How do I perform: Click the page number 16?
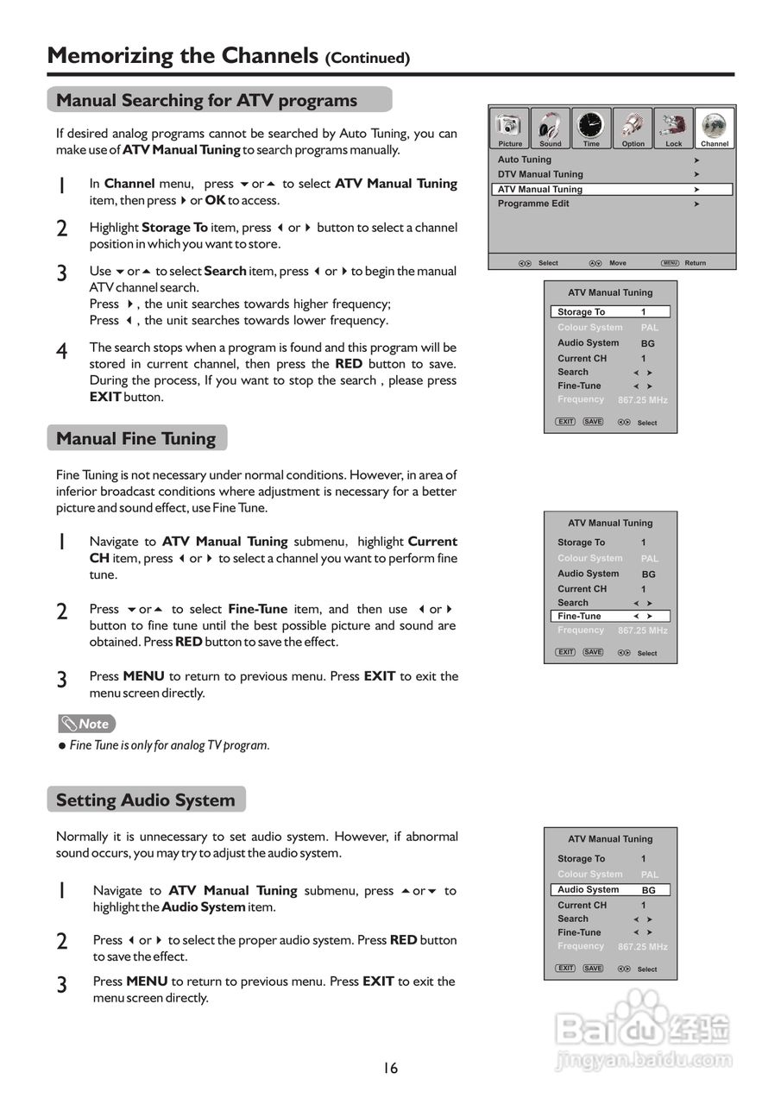click(391, 1068)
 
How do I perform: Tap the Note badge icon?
click(86, 724)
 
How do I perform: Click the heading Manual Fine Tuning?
click(136, 438)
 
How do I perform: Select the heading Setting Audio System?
click(146, 800)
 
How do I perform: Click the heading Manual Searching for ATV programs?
click(207, 100)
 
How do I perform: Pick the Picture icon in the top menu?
click(510, 128)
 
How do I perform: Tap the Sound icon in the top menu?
click(551, 128)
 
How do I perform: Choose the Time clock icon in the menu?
click(591, 128)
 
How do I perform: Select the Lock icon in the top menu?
click(673, 128)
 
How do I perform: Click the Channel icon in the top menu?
click(715, 128)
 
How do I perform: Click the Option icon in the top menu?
click(633, 128)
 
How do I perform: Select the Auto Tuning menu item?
click(525, 160)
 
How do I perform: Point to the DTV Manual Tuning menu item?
click(540, 174)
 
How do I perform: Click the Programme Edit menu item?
click(533, 204)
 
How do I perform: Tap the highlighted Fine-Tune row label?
click(579, 616)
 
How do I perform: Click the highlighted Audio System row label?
click(588, 889)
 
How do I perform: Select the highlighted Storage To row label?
click(581, 311)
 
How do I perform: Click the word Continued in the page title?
click(368, 59)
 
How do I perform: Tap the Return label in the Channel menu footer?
click(696, 263)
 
